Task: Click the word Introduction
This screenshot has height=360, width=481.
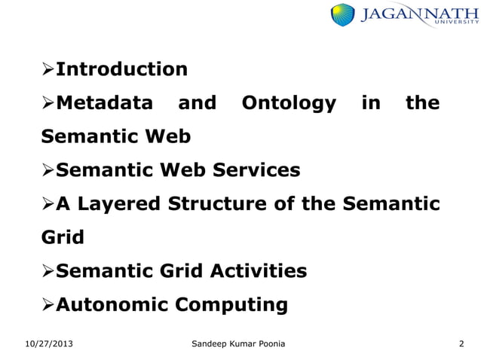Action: tap(122, 69)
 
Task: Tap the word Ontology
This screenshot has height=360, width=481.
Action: tap(288, 103)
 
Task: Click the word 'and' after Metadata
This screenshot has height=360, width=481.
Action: tap(197, 103)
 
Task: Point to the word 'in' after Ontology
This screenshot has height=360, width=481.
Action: tap(371, 103)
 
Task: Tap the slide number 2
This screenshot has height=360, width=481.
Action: tap(461, 344)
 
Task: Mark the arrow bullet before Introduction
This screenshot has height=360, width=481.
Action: tap(47, 70)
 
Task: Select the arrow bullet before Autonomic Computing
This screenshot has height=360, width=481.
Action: tap(47, 305)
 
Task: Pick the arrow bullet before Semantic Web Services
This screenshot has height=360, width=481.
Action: tap(47, 171)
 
